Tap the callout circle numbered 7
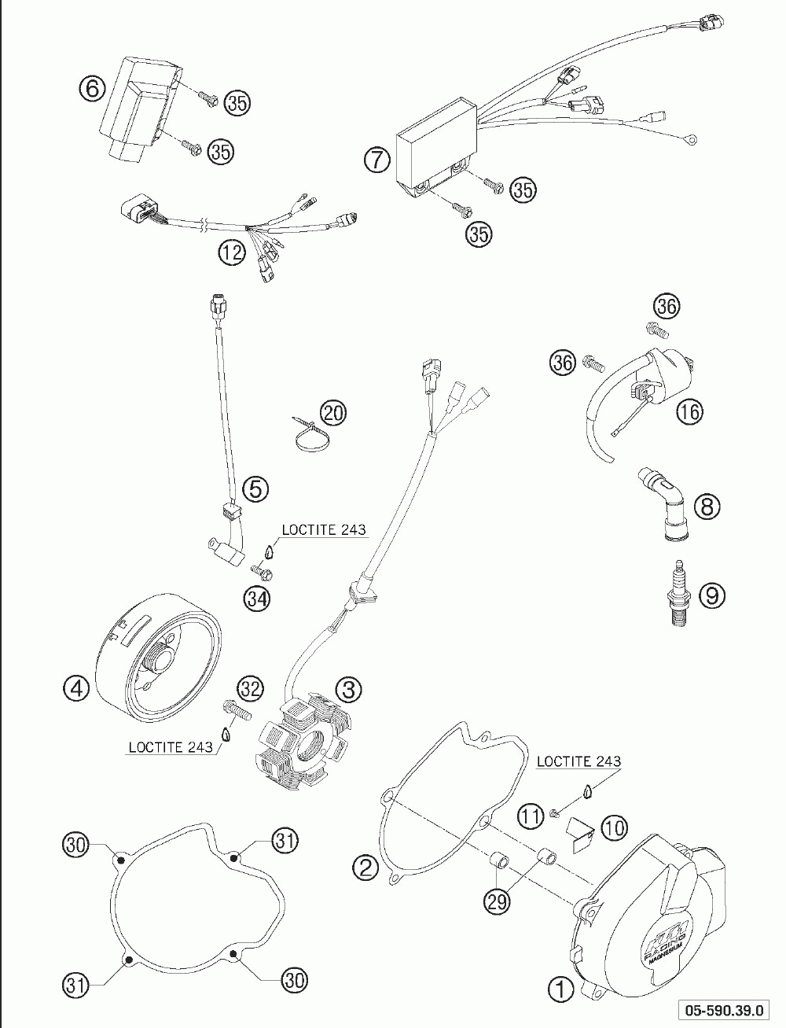(x=377, y=160)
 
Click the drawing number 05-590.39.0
(x=729, y=1009)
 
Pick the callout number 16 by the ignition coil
(x=689, y=411)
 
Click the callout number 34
(x=255, y=599)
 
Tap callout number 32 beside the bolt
(x=251, y=688)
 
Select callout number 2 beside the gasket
(x=365, y=868)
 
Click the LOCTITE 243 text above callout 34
(x=323, y=530)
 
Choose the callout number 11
(x=532, y=816)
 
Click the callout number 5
(x=255, y=488)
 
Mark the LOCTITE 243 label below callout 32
(x=170, y=747)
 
